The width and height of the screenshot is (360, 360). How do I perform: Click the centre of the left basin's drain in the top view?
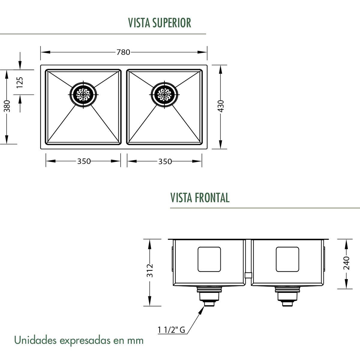(x=83, y=94)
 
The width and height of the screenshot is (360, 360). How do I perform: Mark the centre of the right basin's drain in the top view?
(x=164, y=94)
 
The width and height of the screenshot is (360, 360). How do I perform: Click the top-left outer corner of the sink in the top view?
(x=40, y=65)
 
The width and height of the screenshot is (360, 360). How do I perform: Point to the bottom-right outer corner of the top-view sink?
(x=207, y=149)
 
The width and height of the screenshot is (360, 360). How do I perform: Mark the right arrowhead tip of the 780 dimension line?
(x=207, y=52)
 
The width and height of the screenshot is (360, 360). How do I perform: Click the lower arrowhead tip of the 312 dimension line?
(x=150, y=306)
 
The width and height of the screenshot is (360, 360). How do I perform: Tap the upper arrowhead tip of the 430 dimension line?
(x=220, y=65)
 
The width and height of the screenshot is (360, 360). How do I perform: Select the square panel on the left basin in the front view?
(x=209, y=259)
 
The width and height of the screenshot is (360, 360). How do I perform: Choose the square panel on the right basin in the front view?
(x=287, y=259)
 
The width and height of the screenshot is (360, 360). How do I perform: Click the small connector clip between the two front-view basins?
(x=248, y=275)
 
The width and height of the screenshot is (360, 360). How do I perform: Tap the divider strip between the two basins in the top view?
(x=124, y=107)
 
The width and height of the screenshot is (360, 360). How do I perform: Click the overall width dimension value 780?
(x=123, y=52)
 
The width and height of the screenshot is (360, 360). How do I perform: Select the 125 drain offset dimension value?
(x=20, y=82)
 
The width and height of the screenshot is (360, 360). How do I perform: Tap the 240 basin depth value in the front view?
(x=346, y=263)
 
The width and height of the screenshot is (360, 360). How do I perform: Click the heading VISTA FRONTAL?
(x=200, y=198)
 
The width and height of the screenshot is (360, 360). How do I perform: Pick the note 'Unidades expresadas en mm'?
(x=79, y=340)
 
